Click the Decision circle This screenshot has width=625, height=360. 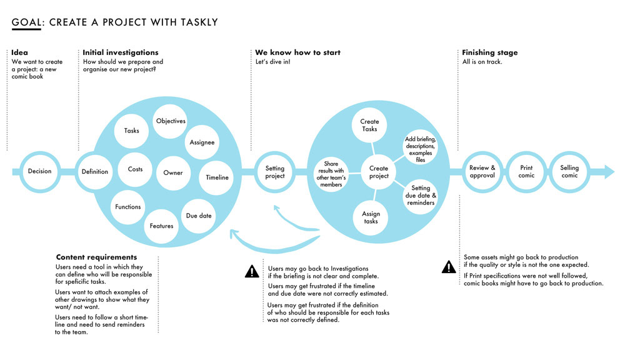coord(39,172)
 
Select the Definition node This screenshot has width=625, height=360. coord(95,172)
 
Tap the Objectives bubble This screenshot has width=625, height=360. coord(170,121)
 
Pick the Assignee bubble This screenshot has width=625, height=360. coord(202,142)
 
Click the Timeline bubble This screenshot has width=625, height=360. coord(216,177)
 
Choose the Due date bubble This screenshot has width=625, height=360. coord(199,216)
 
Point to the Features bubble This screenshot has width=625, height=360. coord(161,226)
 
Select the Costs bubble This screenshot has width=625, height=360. coord(135,169)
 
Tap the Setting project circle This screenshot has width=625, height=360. coord(274,172)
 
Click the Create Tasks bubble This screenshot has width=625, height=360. coord(369,125)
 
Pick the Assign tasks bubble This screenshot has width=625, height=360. coord(371,217)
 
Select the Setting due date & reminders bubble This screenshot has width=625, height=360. coord(421,196)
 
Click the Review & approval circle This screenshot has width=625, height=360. coord(482,172)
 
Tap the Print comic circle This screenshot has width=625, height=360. coord(526,172)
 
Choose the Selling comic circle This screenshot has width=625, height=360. coord(569,172)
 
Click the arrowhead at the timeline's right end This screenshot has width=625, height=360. coord(610,172)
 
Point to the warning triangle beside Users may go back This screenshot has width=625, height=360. coord(252,271)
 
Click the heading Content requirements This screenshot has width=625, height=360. coord(96,257)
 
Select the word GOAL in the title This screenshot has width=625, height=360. coord(26,22)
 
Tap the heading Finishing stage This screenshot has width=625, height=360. coord(490,52)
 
